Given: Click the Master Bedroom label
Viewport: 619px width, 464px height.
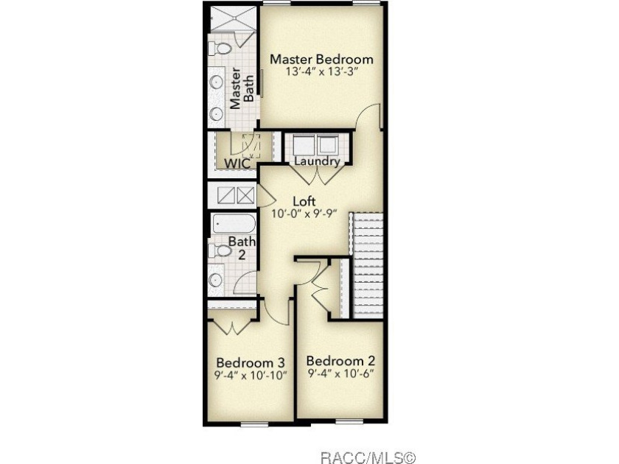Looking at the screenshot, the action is pos(321,59).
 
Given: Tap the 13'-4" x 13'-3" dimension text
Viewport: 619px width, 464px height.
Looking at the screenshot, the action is pos(322,72).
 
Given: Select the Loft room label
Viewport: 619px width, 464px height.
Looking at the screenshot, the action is pos(304,201).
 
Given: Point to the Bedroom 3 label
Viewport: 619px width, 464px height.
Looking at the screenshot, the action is pos(251,362).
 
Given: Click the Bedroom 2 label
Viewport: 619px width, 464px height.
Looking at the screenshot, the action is pos(340,361).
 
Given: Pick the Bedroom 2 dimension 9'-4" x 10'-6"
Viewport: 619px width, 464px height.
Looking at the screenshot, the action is pos(340,373).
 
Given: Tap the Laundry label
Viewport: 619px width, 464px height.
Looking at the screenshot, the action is pos(318,161).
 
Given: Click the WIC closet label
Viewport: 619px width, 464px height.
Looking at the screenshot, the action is pos(237,164).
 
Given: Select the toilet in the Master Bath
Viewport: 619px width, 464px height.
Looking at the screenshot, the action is pos(220,49).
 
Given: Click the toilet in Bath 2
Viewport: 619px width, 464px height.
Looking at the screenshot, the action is pos(220,251).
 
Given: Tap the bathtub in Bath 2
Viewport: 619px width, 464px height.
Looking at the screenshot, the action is pos(234,224).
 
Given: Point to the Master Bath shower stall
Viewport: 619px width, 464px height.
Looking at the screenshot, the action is pos(232,19).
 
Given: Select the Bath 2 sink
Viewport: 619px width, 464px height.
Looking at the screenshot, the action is pos(216,280).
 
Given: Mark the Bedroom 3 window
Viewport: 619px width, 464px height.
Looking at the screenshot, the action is pos(255,424).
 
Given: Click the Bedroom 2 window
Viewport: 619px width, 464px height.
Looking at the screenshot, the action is pos(349,422).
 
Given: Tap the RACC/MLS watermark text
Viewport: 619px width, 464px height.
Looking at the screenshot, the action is pos(368,457).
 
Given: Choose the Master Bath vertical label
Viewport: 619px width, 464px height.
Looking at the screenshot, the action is pos(242,88).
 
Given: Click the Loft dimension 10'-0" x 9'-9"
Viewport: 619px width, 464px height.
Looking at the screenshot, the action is pos(304,214).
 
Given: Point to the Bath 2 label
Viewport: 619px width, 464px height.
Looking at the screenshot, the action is pos(242,247).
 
